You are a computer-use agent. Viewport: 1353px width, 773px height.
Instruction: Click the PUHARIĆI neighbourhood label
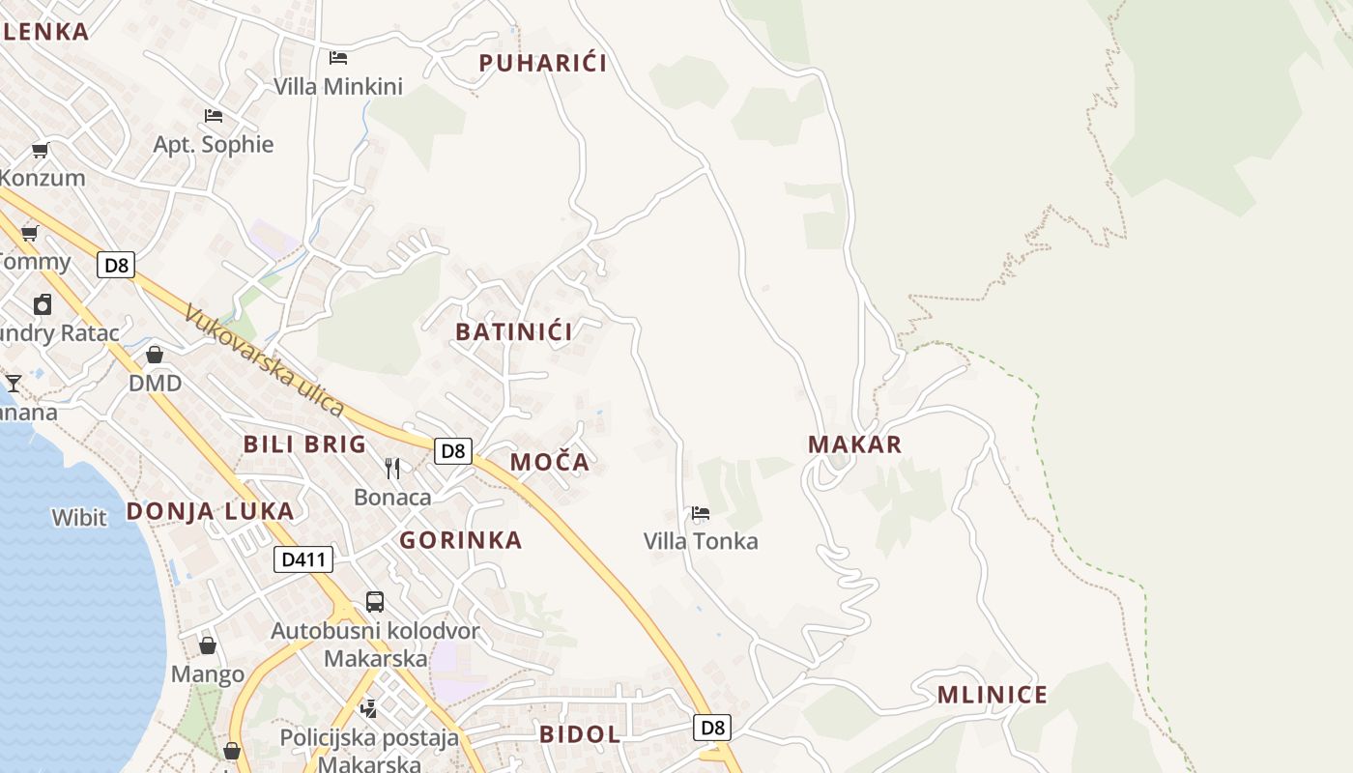(543, 64)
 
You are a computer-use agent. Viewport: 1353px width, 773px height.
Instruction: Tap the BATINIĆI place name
(514, 331)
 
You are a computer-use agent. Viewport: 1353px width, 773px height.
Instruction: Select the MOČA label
(550, 462)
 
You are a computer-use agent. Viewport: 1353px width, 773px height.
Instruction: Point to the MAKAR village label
(854, 444)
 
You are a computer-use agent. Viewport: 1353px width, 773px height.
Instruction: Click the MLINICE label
(993, 695)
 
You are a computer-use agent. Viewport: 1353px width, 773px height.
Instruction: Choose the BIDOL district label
(580, 734)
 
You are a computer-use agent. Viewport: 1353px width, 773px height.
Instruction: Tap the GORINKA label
(461, 540)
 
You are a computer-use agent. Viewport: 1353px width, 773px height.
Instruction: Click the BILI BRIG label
(304, 444)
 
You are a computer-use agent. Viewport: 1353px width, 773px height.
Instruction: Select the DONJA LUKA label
(211, 511)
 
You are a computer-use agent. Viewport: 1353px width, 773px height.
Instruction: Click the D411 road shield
(303, 559)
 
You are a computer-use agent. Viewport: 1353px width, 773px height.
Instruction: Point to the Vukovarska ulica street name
(263, 361)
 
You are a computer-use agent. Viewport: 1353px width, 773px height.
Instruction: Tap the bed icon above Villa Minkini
(338, 58)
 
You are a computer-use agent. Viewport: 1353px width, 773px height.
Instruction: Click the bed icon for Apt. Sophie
(214, 116)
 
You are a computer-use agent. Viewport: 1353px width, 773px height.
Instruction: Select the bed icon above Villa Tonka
(701, 513)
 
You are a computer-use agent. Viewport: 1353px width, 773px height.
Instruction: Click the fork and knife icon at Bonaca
(392, 469)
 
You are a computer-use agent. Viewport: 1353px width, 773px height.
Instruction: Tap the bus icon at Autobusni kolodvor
(375, 602)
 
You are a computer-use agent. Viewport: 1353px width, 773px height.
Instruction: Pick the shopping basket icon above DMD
(155, 355)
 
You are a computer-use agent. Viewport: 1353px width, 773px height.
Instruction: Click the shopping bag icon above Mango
(208, 644)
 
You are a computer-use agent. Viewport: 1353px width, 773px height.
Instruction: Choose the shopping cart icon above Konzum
(41, 150)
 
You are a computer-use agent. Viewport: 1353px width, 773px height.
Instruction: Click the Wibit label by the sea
(79, 518)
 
